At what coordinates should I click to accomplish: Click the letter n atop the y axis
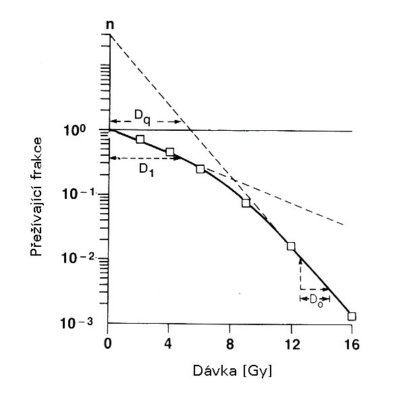[x=109, y=25]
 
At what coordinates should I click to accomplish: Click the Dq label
[x=142, y=115]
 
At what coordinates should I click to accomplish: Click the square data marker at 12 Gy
[x=291, y=246]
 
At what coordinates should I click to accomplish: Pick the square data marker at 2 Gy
[x=140, y=139]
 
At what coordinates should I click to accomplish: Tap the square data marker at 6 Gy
[x=200, y=169]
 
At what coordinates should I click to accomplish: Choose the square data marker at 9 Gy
[x=246, y=203]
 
